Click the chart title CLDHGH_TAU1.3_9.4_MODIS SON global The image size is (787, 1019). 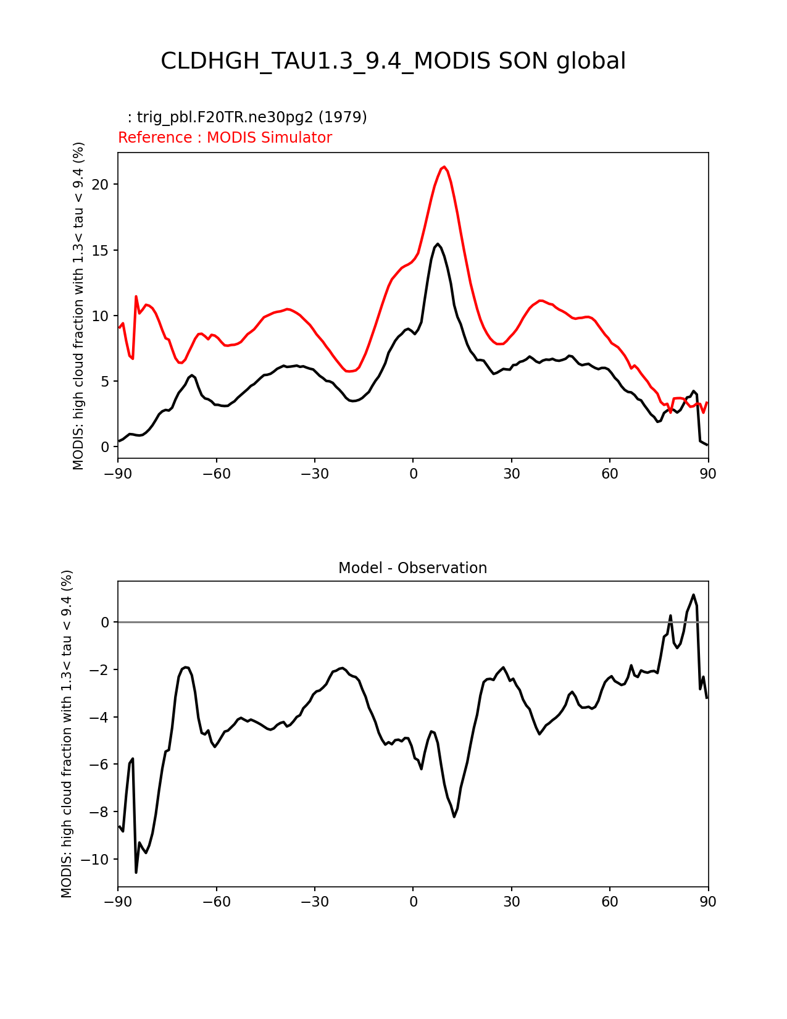(x=393, y=61)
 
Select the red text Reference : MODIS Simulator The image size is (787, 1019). (x=225, y=138)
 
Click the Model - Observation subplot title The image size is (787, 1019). (x=412, y=568)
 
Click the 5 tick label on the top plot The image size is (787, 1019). (x=106, y=381)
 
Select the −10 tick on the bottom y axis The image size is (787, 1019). (x=98, y=859)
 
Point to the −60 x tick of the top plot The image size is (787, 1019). (x=217, y=474)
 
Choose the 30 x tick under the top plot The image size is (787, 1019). (x=511, y=474)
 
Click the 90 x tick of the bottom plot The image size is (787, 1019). (x=708, y=902)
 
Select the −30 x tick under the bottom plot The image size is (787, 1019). (x=315, y=902)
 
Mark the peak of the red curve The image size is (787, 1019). (x=444, y=167)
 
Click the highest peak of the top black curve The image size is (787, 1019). (x=438, y=244)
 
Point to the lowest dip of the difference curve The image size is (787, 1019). (x=136, y=872)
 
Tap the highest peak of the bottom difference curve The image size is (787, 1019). (x=693, y=595)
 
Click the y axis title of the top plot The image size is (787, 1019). (x=78, y=306)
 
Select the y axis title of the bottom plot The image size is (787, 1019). (x=67, y=734)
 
